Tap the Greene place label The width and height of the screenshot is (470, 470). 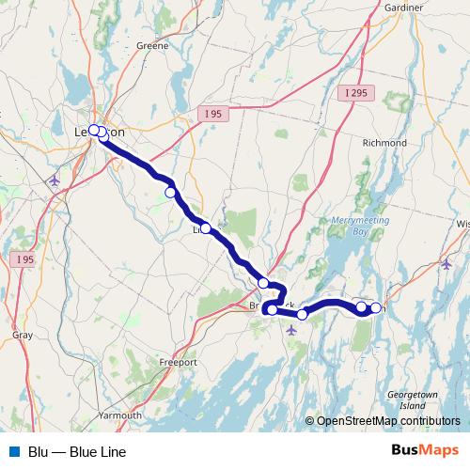152,45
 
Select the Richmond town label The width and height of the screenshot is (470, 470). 384,143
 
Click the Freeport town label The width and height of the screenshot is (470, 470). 178,362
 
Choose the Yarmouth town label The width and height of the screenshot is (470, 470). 120,415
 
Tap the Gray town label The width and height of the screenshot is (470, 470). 23,335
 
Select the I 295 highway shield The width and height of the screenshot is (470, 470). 357,92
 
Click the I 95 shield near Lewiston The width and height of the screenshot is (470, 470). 213,113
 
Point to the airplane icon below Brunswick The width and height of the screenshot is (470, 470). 291,330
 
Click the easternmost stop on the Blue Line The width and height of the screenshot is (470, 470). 376,307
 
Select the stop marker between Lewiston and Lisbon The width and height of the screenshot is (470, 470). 171,193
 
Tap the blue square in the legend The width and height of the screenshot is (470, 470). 14,451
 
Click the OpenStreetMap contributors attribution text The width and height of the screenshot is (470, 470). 387,421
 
